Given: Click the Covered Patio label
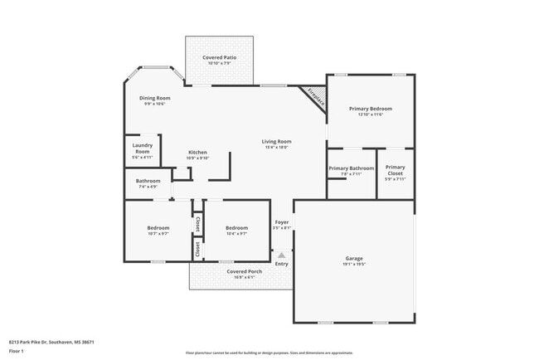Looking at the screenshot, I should pyautogui.click(x=220, y=57).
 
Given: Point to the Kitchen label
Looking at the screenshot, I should pyautogui.click(x=197, y=152).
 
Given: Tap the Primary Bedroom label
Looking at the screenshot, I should pyautogui.click(x=370, y=109).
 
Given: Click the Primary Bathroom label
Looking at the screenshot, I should pyautogui.click(x=351, y=168).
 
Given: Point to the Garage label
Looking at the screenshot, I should pyautogui.click(x=354, y=258).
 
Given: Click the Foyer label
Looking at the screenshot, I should pyautogui.click(x=282, y=222).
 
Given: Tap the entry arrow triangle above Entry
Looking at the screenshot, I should pyautogui.click(x=282, y=255).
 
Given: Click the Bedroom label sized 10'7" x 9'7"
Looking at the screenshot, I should pyautogui.click(x=158, y=227).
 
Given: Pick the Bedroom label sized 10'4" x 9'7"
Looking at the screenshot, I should pyautogui.click(x=236, y=227).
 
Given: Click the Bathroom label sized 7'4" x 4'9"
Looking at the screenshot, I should pyautogui.click(x=148, y=181).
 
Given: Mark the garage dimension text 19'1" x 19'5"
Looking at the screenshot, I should pyautogui.click(x=354, y=265).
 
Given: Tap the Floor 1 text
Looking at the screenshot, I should pyautogui.click(x=17, y=351).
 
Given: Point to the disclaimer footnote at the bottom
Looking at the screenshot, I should pyautogui.click(x=269, y=353).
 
